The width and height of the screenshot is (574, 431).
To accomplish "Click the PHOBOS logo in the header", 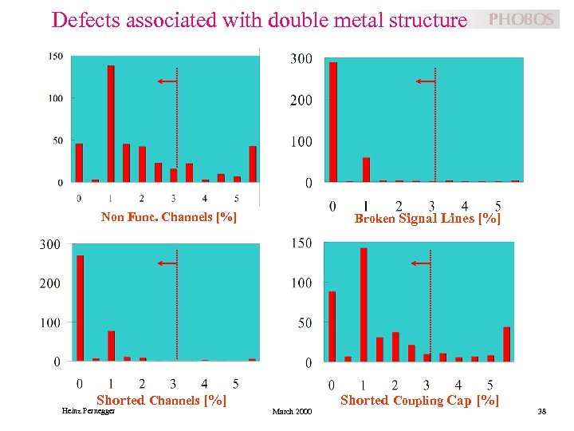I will point(520,20).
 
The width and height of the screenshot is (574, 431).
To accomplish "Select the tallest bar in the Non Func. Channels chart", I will point(111,124).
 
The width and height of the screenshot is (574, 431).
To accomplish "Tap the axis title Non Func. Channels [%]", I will point(169,217).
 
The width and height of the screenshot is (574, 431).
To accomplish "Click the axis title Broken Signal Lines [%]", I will point(427,218).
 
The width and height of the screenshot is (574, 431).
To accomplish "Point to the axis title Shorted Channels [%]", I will point(161,400).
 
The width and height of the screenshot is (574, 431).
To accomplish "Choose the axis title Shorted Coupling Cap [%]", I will point(420,400).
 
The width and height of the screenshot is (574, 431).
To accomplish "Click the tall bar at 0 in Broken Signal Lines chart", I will point(333,122).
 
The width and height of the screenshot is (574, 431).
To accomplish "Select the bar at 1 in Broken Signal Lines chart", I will point(366,169).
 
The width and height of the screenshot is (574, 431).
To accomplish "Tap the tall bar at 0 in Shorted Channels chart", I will point(80,308).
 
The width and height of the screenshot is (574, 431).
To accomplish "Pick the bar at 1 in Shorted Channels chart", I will point(111,346).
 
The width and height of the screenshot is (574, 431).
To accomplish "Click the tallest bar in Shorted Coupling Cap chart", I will point(364,304).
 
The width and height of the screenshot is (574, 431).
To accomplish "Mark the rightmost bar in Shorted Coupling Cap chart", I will point(506,344).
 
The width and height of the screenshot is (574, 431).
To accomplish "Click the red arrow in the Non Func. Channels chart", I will point(167,81).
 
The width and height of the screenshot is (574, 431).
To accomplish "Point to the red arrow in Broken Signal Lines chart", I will point(426,81).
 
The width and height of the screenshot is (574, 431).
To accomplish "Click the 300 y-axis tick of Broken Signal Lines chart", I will point(301,60).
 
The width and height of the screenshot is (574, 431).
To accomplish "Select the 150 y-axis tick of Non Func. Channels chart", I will point(56,56).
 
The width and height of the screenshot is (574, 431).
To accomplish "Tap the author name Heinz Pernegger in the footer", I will point(88,411).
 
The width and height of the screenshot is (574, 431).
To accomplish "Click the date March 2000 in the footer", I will point(293,412).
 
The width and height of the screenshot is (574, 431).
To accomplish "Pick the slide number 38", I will point(541,412).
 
